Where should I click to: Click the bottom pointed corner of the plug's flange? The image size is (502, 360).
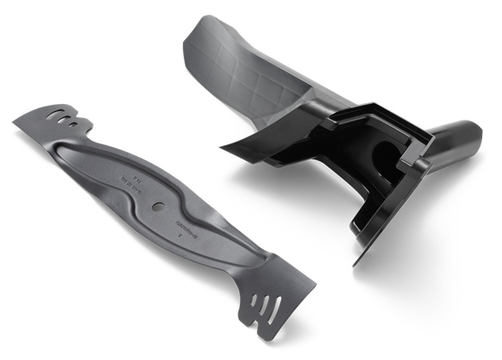click(356, 265)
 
